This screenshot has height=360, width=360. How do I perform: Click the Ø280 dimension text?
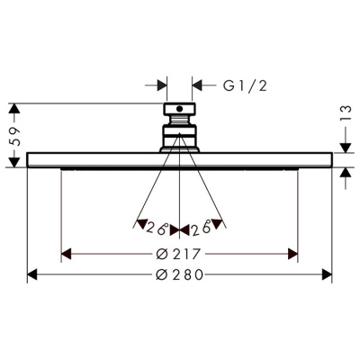pos(180,274)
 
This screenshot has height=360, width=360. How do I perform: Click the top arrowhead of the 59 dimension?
pos(13,109)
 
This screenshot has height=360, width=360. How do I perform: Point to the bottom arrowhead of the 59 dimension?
pos(13,162)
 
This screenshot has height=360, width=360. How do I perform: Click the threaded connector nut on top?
pos(180,114)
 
